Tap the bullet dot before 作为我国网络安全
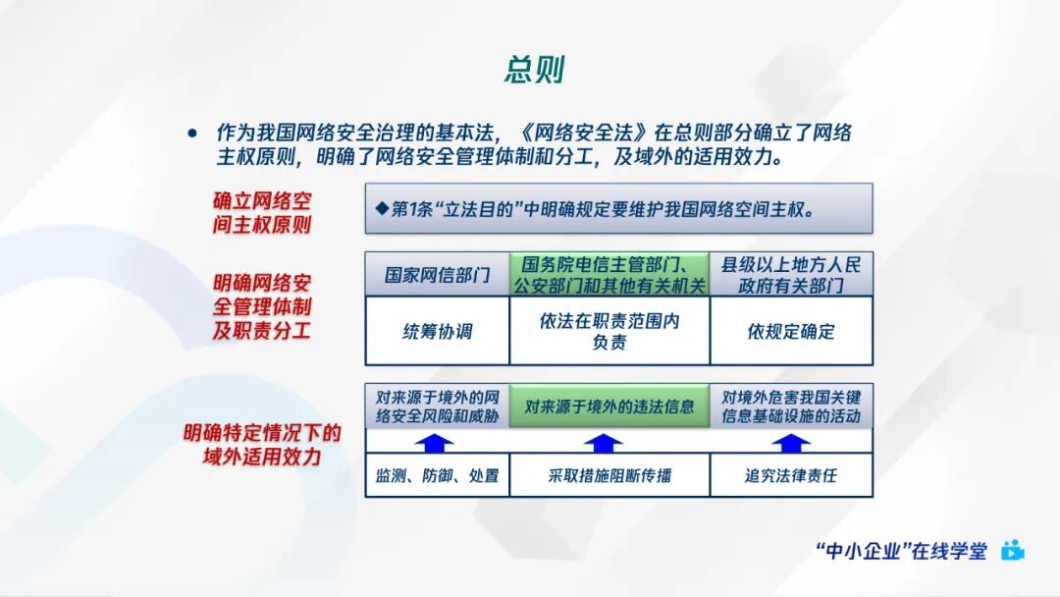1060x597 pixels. (192, 134)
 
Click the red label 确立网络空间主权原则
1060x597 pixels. (262, 212)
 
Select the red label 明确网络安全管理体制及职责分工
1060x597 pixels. (262, 306)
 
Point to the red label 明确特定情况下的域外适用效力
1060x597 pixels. (262, 444)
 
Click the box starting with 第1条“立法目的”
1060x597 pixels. (618, 208)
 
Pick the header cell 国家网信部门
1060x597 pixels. (437, 275)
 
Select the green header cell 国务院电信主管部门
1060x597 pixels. (609, 275)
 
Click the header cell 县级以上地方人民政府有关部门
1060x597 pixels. (791, 275)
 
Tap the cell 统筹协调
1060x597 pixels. (437, 331)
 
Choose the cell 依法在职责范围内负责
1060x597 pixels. (609, 331)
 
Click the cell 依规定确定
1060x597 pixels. (791, 331)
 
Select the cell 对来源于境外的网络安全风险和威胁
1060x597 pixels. (437, 407)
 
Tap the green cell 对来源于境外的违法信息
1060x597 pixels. (609, 407)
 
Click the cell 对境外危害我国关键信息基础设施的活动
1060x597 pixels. (791, 407)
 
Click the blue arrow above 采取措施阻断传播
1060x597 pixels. (609, 443)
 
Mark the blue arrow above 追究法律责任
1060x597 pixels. (790, 443)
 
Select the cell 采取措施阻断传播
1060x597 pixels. (609, 476)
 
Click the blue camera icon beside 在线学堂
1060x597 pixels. (1013, 551)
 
